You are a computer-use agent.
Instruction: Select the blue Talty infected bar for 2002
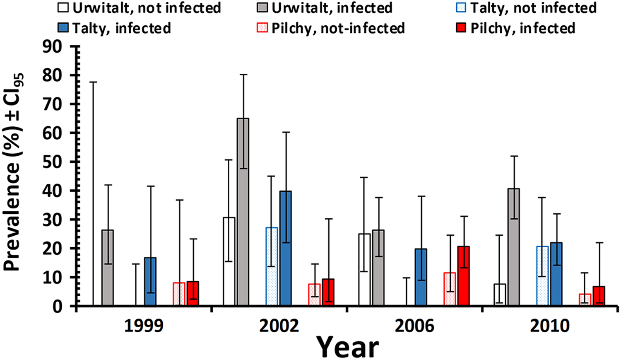(x=285, y=249)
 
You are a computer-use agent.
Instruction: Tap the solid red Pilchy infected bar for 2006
(x=463, y=276)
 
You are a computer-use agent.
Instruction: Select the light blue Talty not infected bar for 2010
(x=542, y=276)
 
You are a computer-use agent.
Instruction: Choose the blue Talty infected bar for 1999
(x=150, y=282)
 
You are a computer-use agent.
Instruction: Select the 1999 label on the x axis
(x=144, y=326)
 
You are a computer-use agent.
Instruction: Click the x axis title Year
(x=348, y=347)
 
